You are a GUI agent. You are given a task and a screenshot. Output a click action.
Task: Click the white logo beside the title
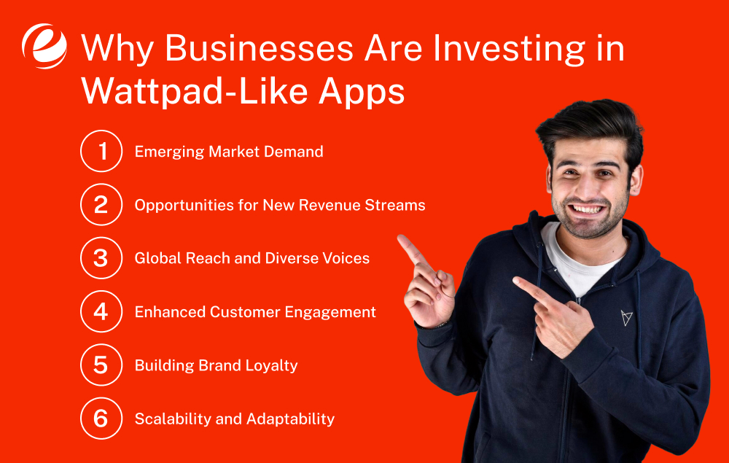point(44,46)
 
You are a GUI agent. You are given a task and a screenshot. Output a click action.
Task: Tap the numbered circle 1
point(101,152)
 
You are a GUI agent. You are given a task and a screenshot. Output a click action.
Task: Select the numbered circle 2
point(101,205)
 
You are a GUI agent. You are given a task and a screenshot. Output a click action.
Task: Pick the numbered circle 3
point(101,258)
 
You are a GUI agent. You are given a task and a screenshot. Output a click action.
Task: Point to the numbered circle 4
point(101,312)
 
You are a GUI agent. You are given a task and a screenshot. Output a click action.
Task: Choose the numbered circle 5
point(101,365)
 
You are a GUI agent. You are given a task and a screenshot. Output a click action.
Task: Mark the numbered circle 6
point(101,419)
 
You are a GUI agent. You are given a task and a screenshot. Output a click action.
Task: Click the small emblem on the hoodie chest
point(626,317)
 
